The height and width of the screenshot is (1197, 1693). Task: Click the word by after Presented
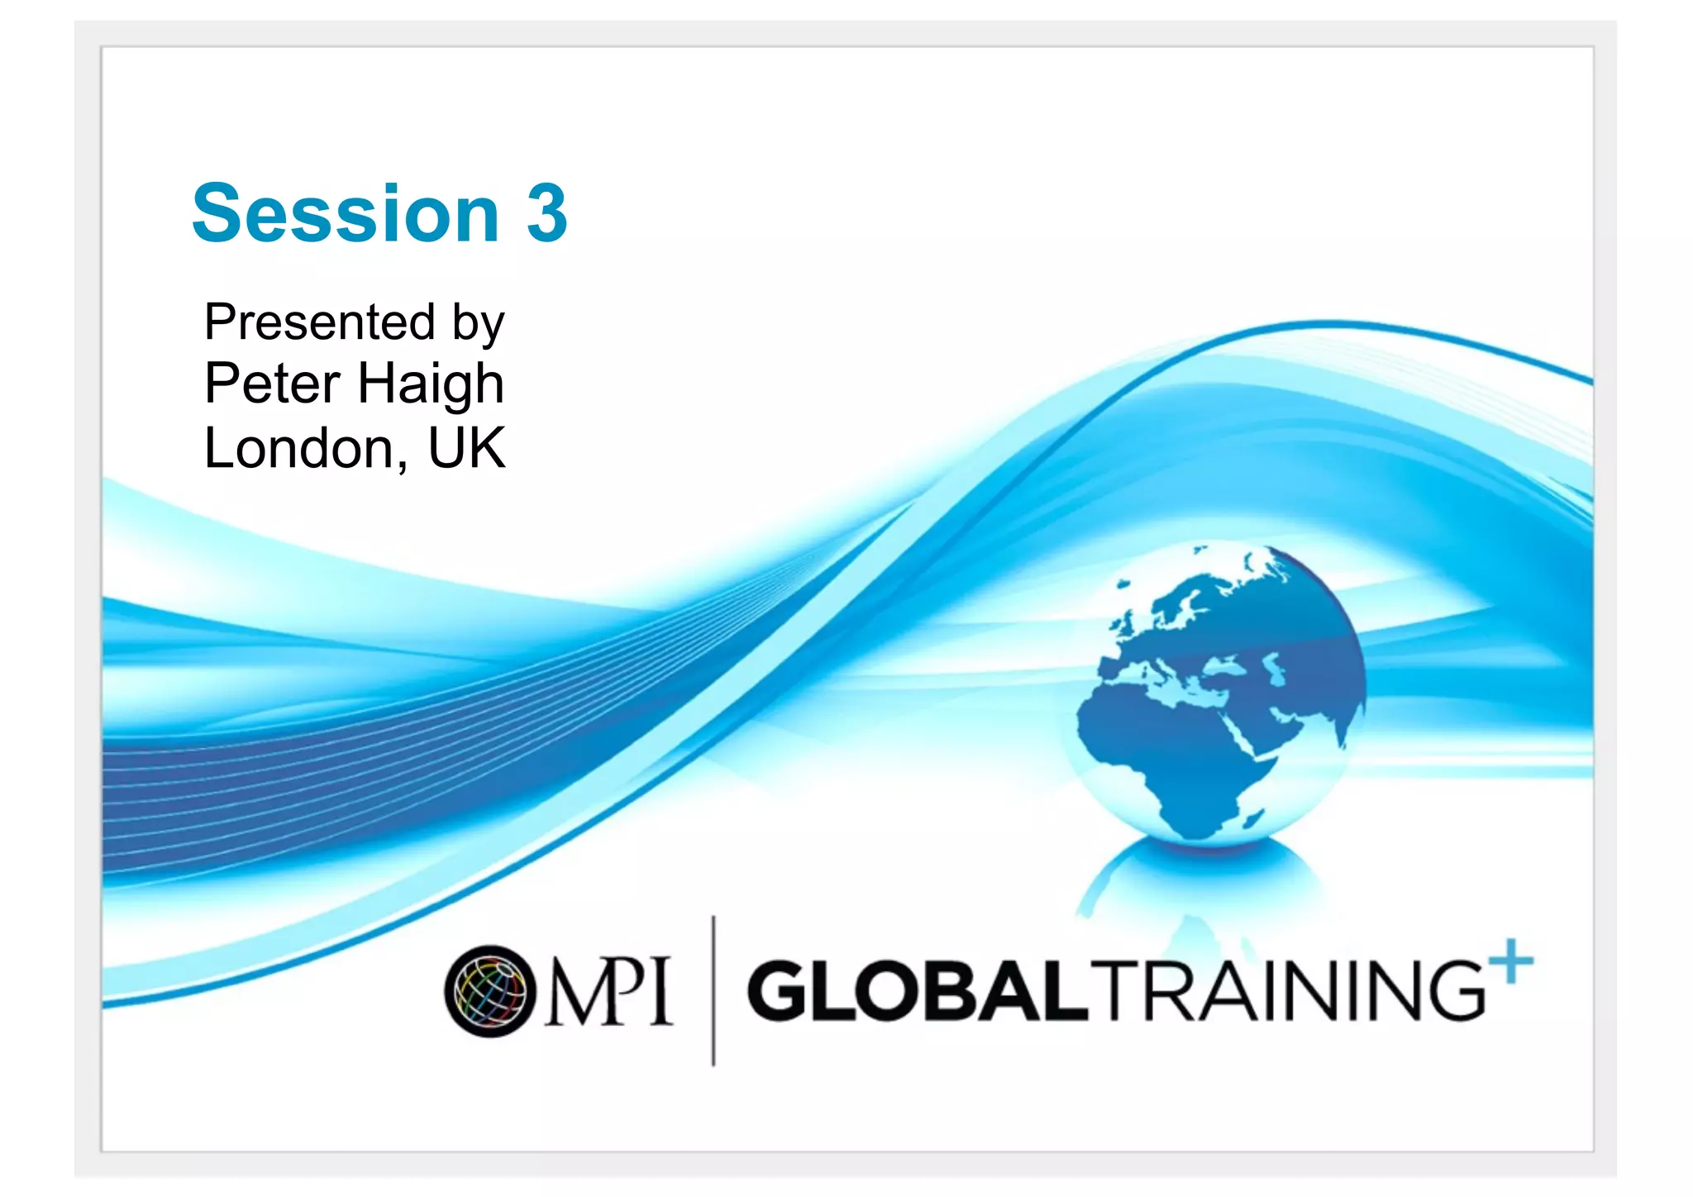478,324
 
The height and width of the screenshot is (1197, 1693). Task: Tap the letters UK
466,449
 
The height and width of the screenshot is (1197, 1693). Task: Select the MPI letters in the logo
608,990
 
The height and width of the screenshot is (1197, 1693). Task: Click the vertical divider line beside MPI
713,990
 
